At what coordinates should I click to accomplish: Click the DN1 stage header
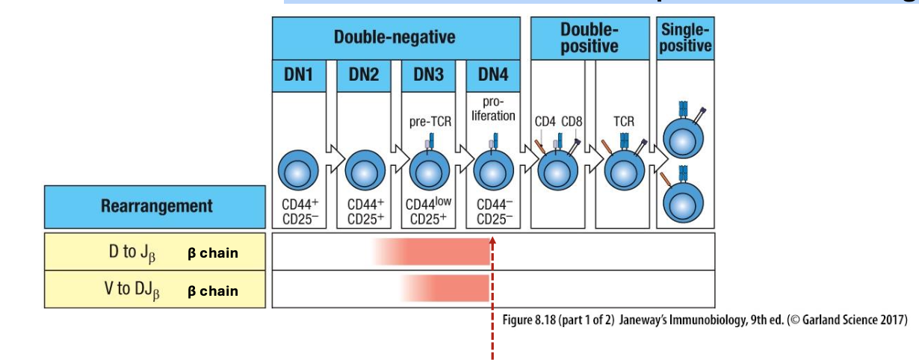298,76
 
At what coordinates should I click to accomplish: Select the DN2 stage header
364,76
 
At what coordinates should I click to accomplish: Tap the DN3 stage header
428,76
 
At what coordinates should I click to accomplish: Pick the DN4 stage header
492,76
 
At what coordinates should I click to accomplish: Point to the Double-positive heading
590,37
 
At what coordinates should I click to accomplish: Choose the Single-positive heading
685,37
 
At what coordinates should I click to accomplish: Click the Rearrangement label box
155,207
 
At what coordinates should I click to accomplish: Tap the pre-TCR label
430,121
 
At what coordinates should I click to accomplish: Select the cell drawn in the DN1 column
298,170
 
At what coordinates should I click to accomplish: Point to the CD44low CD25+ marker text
430,211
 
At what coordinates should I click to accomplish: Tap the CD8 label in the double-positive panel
572,121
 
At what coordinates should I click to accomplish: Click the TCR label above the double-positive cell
624,120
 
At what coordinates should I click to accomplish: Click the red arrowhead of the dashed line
493,240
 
